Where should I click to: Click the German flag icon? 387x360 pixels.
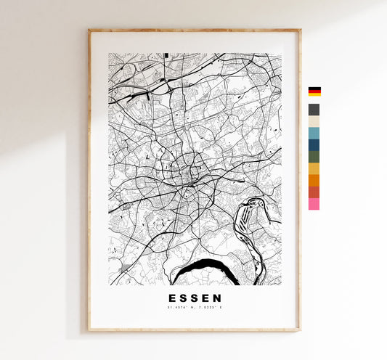point(314,92)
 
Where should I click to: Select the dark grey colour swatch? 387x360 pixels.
point(314,110)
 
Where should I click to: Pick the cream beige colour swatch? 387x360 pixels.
point(314,121)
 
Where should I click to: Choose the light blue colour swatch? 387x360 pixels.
point(314,134)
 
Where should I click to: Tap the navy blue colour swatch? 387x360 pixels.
point(314,145)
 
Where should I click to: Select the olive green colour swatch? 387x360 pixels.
point(314,157)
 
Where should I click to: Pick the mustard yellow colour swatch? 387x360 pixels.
point(314,168)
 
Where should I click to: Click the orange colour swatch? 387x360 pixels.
point(314,180)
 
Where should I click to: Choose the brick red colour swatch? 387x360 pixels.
point(314,192)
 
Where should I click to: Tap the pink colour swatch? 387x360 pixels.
point(314,204)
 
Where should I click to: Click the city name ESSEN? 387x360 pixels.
point(195,298)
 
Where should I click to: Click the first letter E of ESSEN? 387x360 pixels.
point(173,298)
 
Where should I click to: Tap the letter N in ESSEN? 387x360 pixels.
point(218,298)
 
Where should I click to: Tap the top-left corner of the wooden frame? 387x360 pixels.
point(90,30)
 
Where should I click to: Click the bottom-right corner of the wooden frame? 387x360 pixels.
point(299,330)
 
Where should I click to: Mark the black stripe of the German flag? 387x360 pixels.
point(314,89)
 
